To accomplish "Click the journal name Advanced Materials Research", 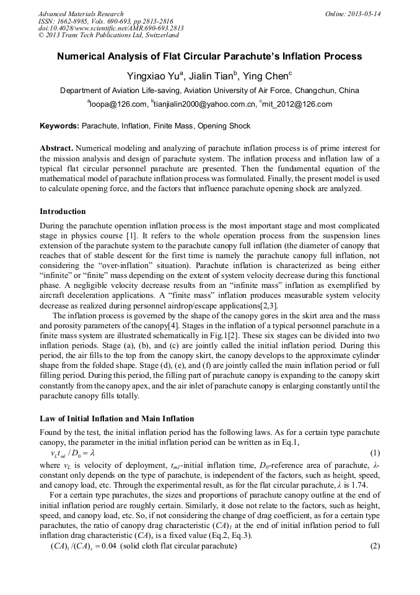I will tap(81, 14).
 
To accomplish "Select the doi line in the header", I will tap(111, 29).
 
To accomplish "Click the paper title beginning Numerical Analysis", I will tap(209, 56).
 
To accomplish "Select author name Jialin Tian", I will tap(210, 76).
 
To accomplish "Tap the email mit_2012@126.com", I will tap(297, 104).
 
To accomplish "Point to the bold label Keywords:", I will tap(59, 126).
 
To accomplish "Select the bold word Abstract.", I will tap(56, 149).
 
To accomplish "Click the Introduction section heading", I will tap(63, 212).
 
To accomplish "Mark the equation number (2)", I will tap(374, 546).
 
